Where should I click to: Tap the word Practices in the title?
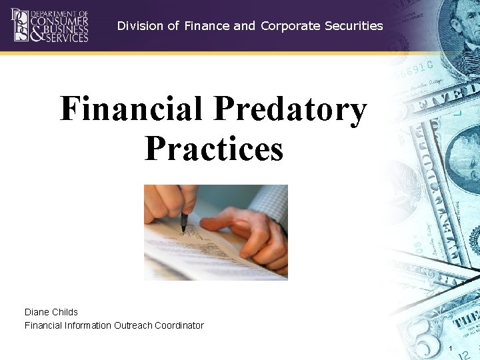click(213, 148)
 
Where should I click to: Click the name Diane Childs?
click(51, 312)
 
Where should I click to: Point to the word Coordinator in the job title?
click(179, 325)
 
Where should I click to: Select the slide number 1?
click(451, 350)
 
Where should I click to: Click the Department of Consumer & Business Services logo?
click(50, 25)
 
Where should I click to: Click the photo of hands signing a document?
click(216, 232)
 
